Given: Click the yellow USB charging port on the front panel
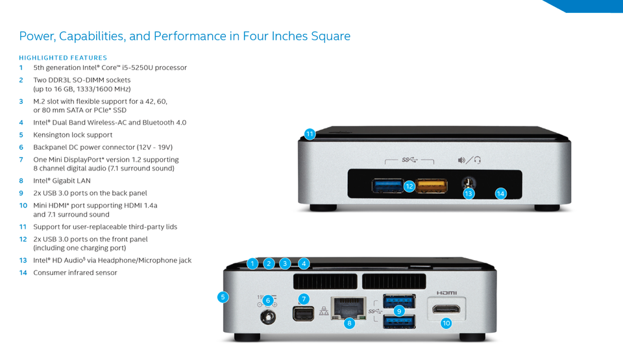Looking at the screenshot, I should click(x=431, y=186).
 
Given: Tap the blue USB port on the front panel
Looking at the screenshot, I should click(x=387, y=186).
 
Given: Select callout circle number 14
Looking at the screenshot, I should click(x=500, y=193).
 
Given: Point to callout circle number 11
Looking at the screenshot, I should click(x=310, y=134).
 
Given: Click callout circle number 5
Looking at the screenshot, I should click(x=223, y=297).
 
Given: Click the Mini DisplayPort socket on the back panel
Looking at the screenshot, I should click(x=302, y=315).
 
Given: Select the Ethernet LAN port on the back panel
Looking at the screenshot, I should click(x=349, y=307).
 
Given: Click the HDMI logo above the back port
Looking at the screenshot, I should click(x=446, y=293).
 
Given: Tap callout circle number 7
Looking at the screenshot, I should click(x=304, y=298).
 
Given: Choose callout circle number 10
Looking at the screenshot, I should click(x=446, y=323).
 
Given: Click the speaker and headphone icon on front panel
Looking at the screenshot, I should click(x=469, y=160).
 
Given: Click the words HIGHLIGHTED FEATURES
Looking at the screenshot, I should click(x=63, y=58).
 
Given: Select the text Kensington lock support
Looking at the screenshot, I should click(x=73, y=135).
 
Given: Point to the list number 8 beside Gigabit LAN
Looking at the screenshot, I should click(x=21, y=181).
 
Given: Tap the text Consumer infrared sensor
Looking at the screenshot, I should click(x=75, y=273).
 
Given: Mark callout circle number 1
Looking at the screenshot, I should click(x=253, y=263).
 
